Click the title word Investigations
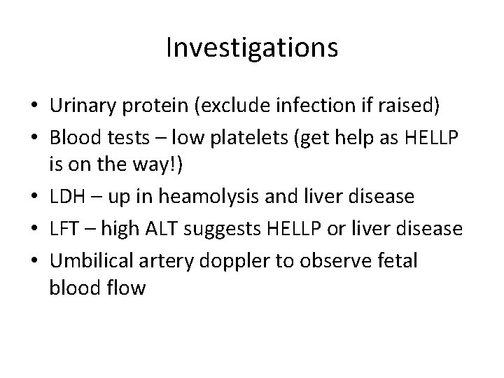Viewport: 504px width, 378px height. click(x=252, y=48)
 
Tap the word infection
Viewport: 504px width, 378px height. click(x=325, y=106)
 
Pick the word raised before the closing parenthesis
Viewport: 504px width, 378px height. click(x=410, y=106)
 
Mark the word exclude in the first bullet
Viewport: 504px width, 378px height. click(x=242, y=106)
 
